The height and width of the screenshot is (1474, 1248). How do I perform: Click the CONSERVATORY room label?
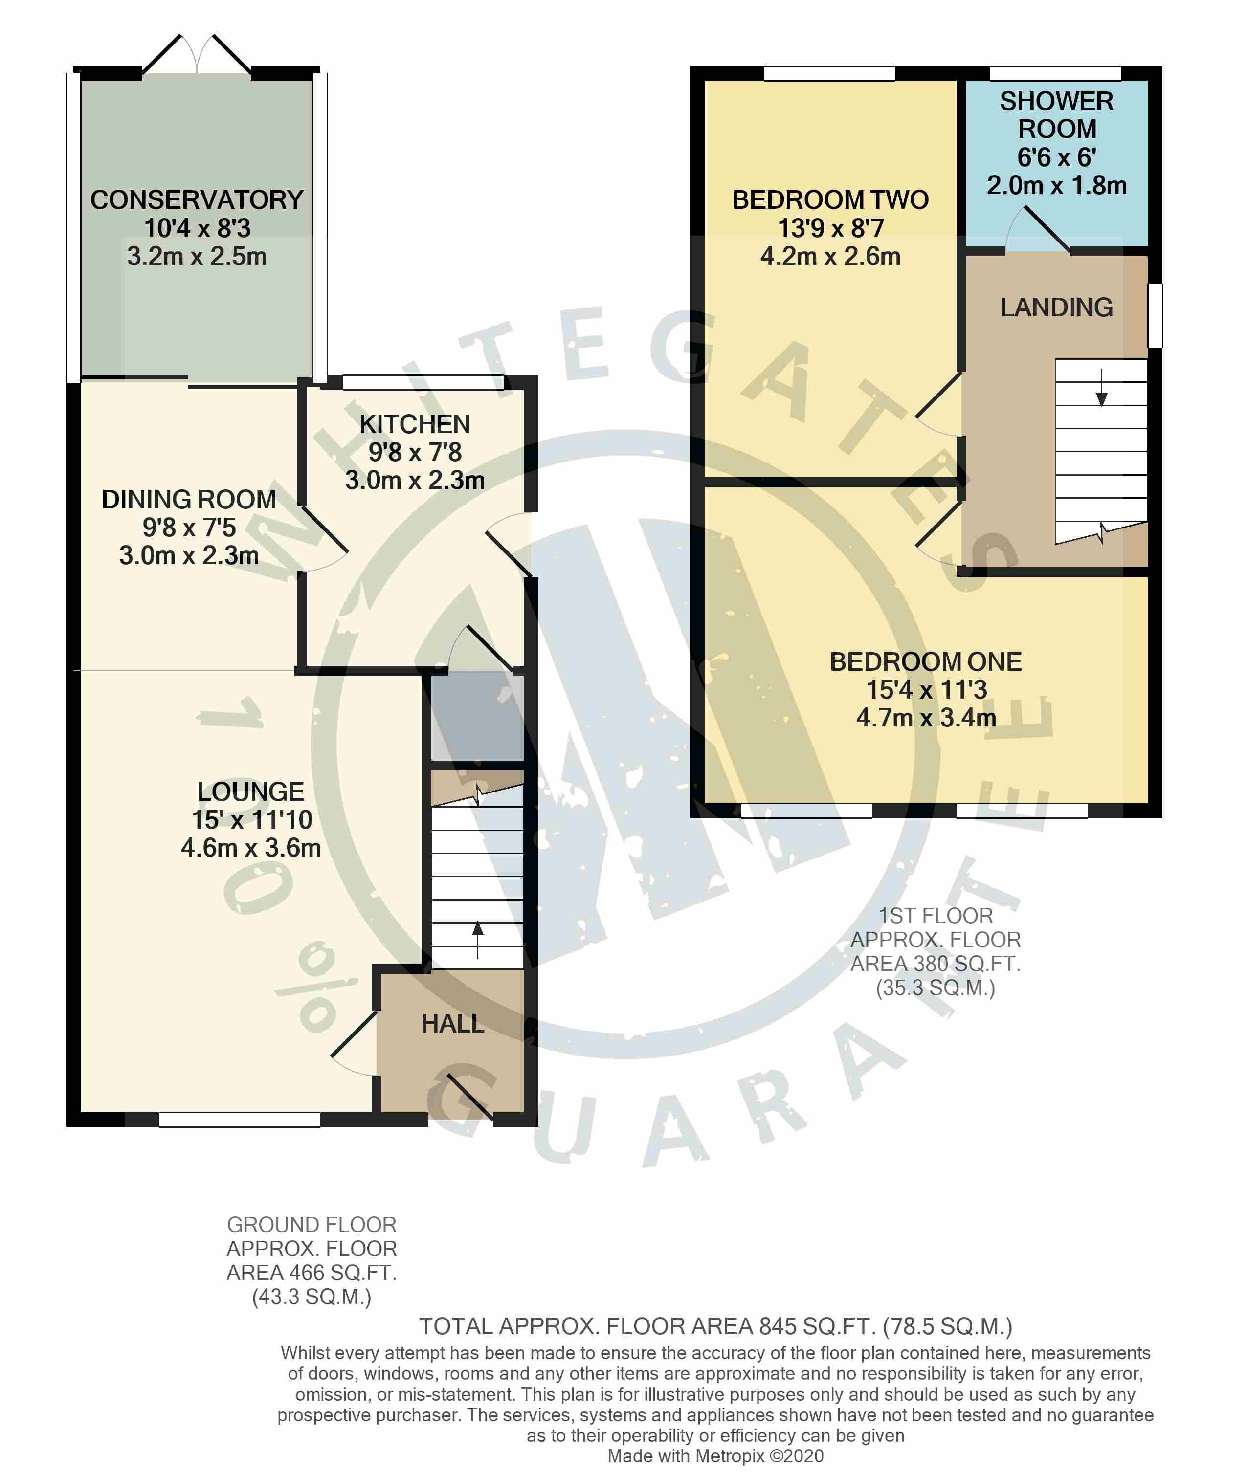197,200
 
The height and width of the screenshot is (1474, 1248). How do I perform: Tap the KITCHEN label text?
415,424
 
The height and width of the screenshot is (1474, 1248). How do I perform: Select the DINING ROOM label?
189,499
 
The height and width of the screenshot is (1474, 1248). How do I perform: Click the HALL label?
453,1023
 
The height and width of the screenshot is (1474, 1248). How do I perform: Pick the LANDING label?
1056,307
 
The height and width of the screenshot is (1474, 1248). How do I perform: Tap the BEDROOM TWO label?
830,200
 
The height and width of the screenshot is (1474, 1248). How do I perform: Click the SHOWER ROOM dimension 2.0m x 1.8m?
1056,185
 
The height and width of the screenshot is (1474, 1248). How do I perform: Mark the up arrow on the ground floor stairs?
478,939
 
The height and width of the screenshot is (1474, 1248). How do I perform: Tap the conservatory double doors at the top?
197,54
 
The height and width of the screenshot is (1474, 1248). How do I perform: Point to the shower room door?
1038,229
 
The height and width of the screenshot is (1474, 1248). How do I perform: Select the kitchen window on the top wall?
423,383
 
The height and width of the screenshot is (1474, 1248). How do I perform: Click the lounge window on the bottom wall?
239,1120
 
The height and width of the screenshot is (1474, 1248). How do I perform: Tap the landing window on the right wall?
1155,315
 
